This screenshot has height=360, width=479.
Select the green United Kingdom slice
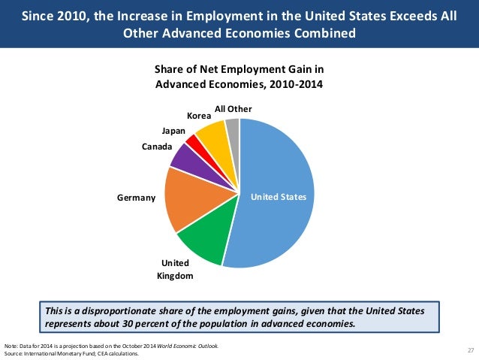pos(202,239)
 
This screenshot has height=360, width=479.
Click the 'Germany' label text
pos(136,198)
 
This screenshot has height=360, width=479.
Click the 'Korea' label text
pos(198,116)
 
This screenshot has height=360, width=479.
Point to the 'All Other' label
pos(233,109)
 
